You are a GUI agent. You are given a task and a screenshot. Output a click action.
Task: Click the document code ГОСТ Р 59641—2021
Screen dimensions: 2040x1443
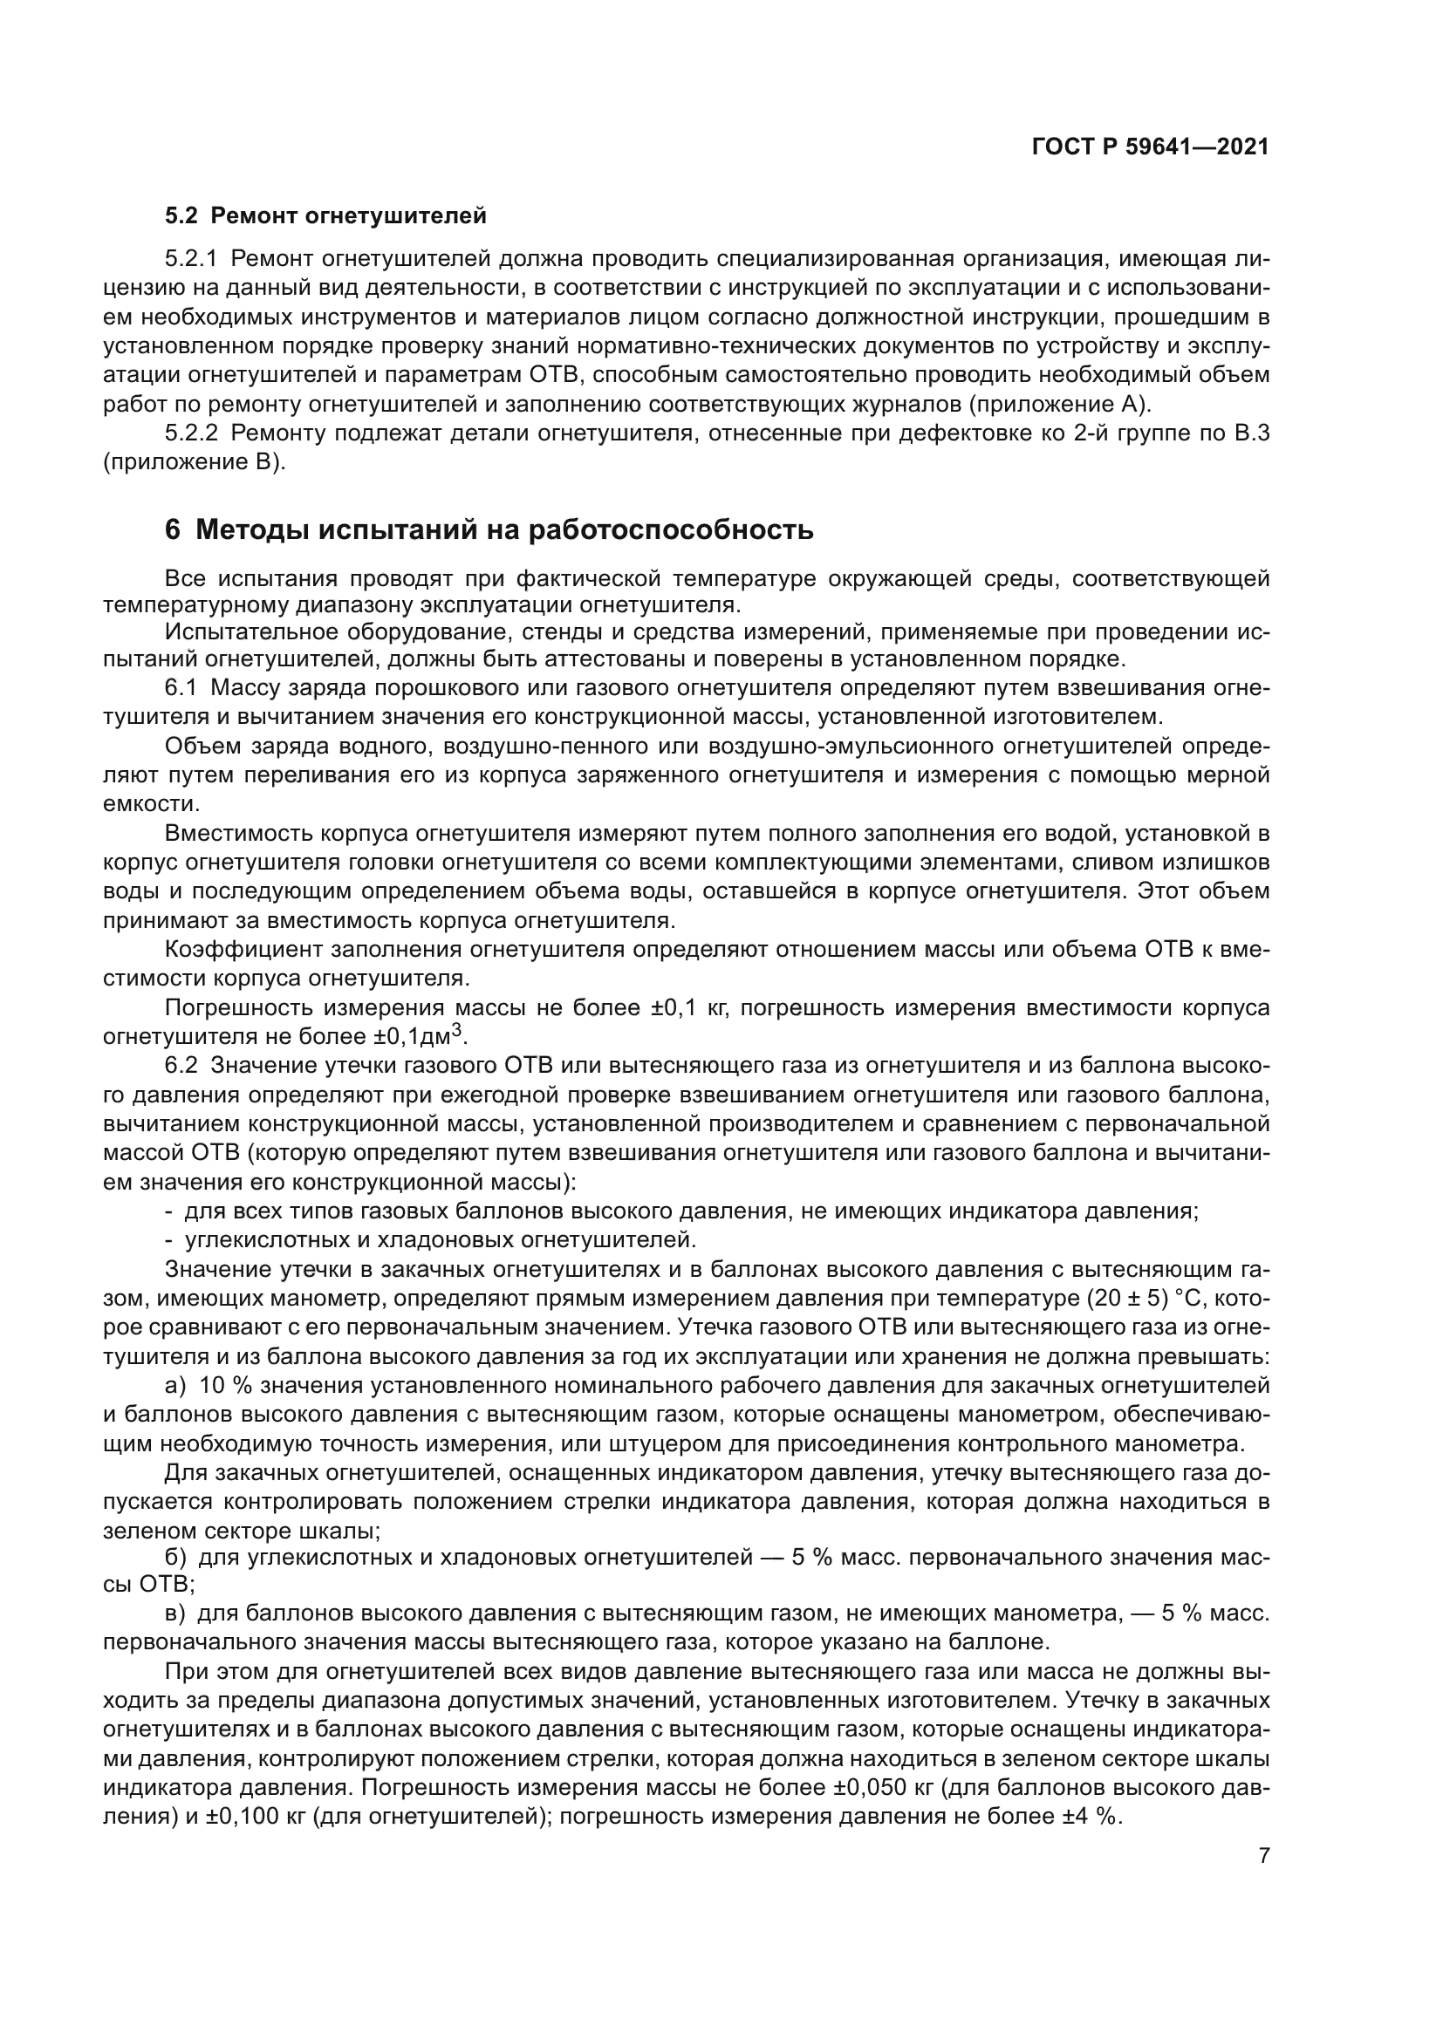(x=1150, y=147)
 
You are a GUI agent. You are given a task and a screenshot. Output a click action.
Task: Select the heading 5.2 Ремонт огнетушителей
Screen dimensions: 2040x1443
(x=326, y=215)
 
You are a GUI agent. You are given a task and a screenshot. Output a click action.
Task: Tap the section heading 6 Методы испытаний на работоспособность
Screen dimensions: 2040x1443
(x=489, y=529)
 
